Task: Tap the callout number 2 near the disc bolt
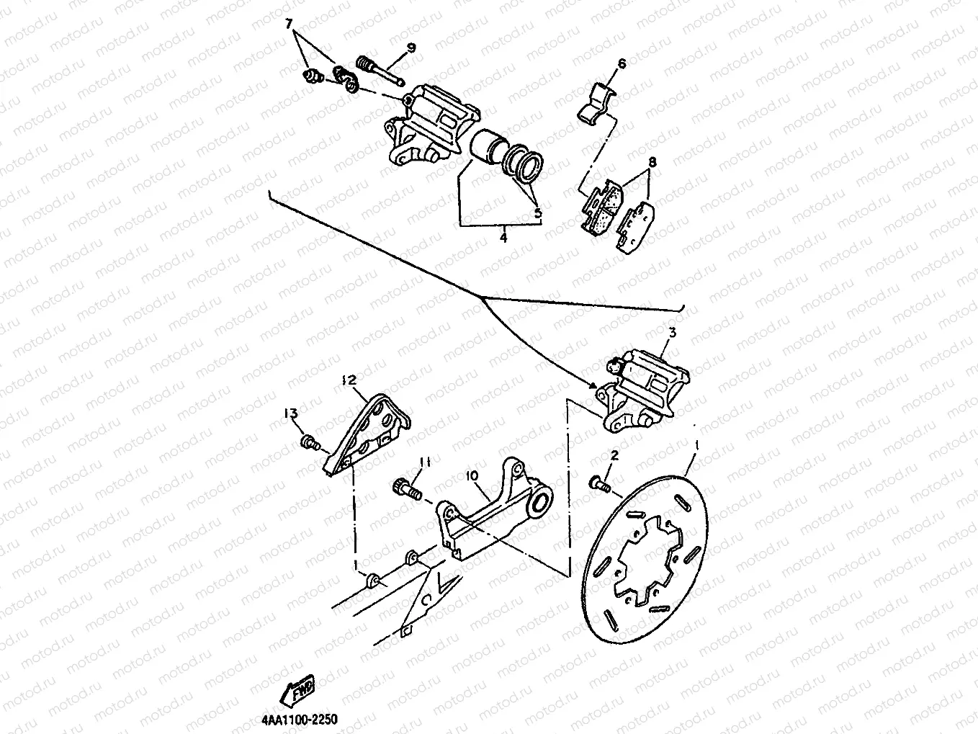click(614, 455)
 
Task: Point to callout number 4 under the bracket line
click(503, 236)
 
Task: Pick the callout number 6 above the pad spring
click(622, 64)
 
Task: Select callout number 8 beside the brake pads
click(652, 163)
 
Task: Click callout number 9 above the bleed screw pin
click(411, 48)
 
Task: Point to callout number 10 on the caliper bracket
click(472, 476)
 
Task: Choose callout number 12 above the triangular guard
click(349, 380)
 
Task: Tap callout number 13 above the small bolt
click(290, 413)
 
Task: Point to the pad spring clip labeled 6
click(597, 103)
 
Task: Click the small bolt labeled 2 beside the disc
click(599, 483)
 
